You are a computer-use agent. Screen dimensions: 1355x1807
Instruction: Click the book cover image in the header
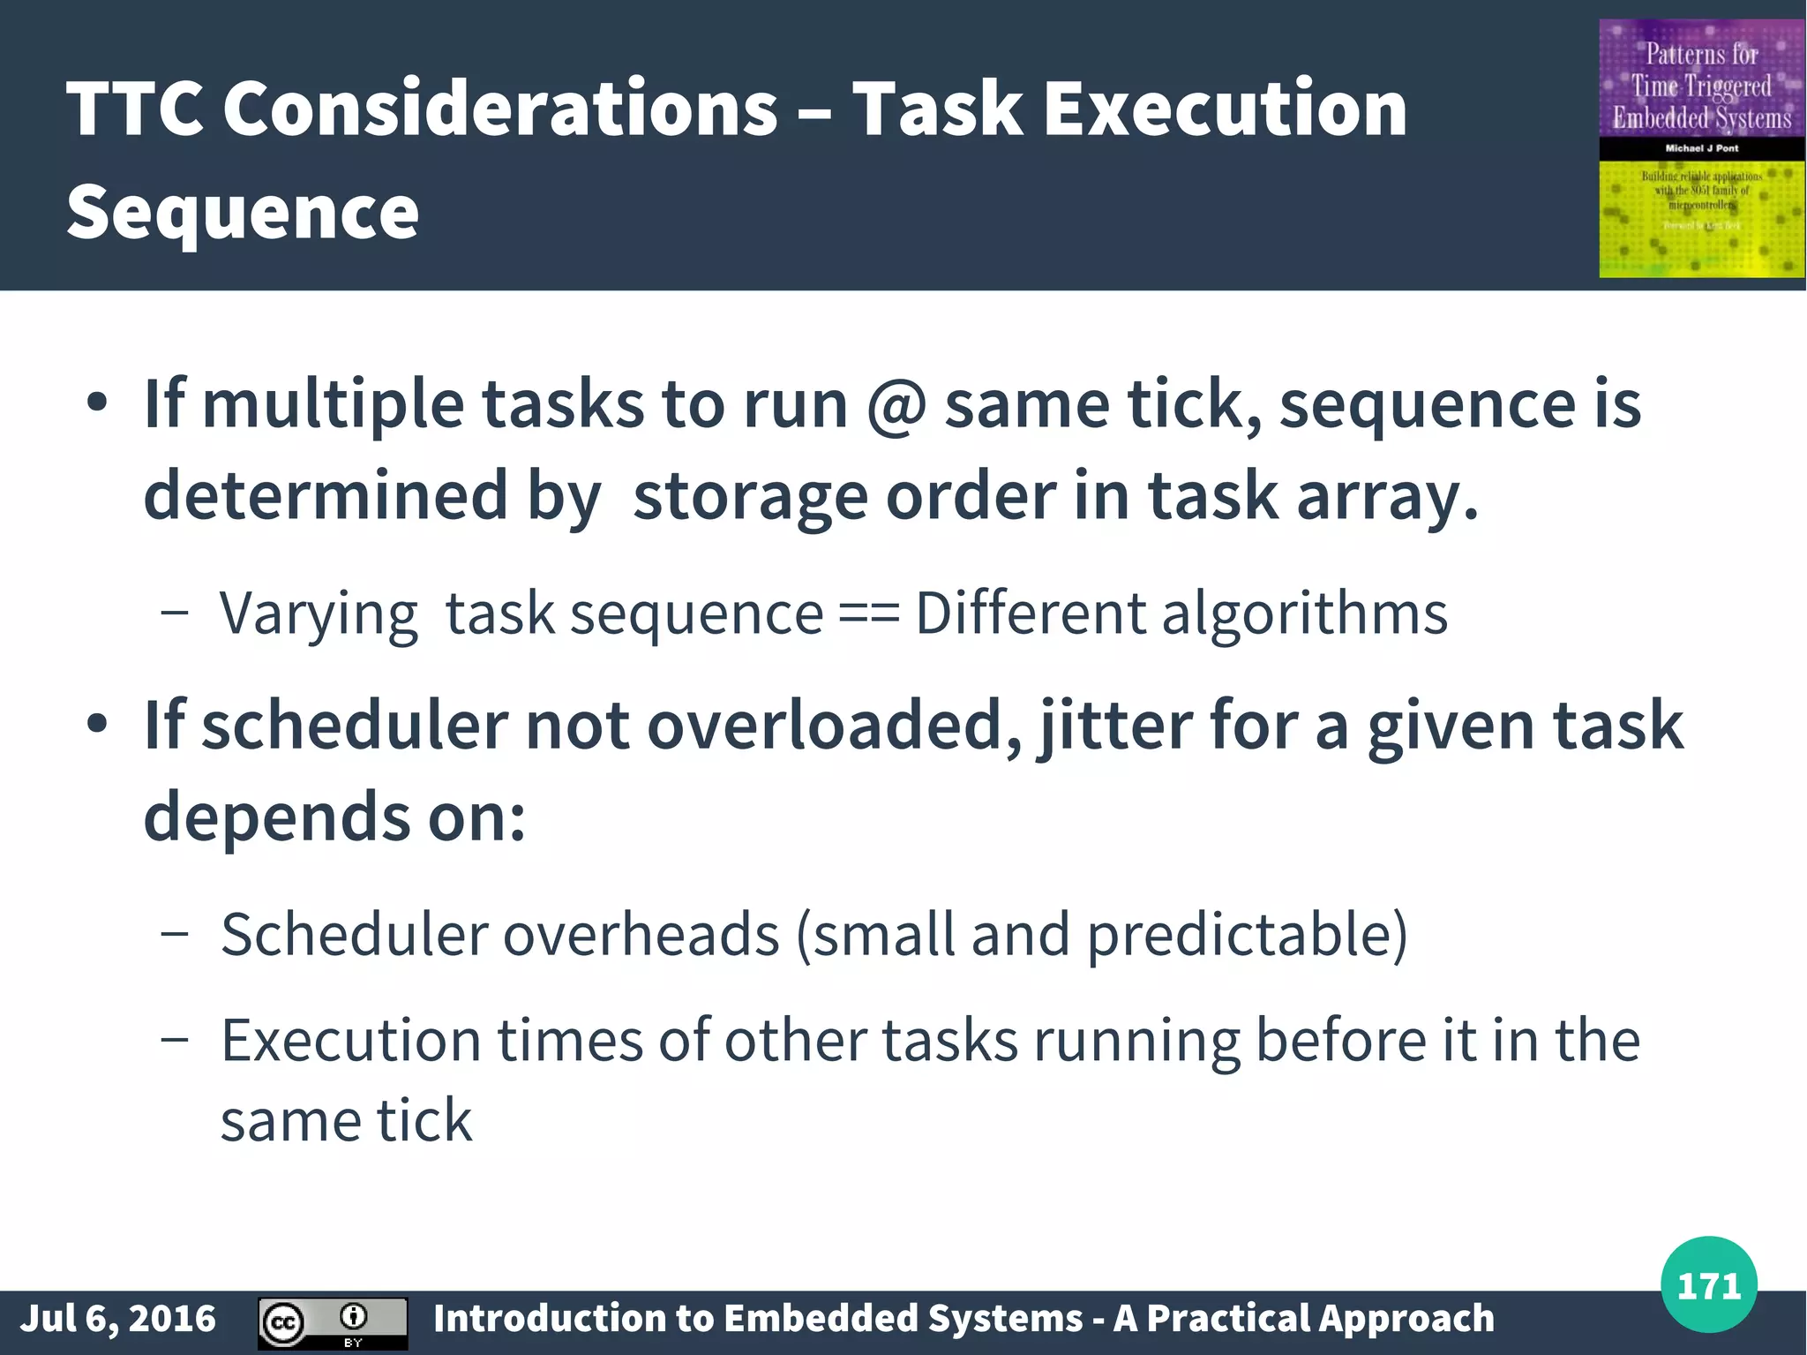(1701, 148)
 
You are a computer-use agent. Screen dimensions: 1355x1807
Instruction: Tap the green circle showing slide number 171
(1708, 1284)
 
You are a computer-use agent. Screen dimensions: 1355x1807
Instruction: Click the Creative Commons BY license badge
(332, 1322)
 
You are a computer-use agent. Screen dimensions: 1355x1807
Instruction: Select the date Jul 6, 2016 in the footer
(117, 1318)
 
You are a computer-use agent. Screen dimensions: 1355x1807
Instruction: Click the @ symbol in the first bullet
(896, 404)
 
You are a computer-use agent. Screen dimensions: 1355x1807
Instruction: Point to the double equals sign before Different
(868, 613)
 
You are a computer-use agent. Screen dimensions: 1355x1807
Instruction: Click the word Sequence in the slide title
(242, 212)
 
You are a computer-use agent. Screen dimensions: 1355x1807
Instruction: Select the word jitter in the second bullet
(1116, 726)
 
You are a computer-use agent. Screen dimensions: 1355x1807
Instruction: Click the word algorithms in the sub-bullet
(1304, 613)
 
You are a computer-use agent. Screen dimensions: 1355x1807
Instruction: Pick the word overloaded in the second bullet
(835, 726)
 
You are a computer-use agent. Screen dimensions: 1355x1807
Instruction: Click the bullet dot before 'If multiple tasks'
(97, 404)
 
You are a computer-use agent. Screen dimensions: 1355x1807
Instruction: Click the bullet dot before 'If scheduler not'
(97, 725)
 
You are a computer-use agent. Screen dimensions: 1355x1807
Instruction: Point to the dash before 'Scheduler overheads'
(175, 934)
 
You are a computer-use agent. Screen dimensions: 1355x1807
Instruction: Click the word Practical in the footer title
(1231, 1318)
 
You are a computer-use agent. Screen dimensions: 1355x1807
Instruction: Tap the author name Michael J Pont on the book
(1701, 148)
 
